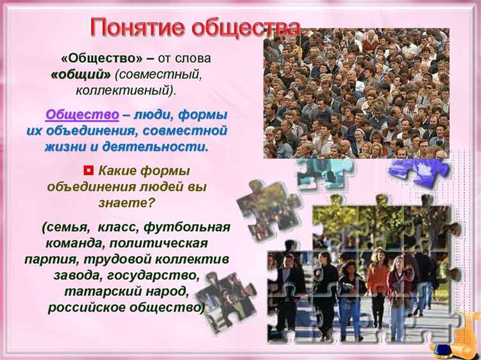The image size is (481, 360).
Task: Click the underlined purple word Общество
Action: point(81,116)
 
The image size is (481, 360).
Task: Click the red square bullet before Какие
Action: point(89,171)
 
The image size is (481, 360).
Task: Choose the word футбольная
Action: point(187,227)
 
